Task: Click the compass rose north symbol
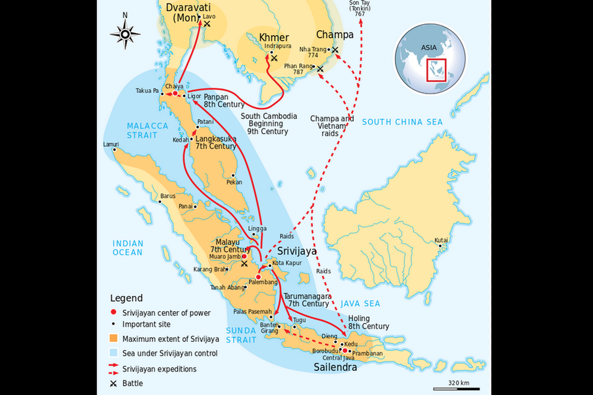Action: (x=126, y=34)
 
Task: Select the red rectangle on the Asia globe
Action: (x=436, y=70)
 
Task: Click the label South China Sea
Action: (x=402, y=121)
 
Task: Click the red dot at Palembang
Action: (x=258, y=277)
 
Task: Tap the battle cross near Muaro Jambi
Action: (x=244, y=264)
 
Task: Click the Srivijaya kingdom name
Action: (x=296, y=251)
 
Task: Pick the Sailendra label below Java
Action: (x=335, y=367)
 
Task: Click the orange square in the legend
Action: (x=114, y=339)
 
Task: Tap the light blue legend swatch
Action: (x=114, y=354)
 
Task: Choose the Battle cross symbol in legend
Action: (x=114, y=383)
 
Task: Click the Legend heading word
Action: (x=126, y=298)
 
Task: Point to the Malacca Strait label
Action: (x=142, y=130)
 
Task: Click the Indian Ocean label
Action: (x=127, y=248)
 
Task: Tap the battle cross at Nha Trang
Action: (x=336, y=50)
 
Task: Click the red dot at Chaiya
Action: (x=175, y=93)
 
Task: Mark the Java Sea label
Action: (x=361, y=304)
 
